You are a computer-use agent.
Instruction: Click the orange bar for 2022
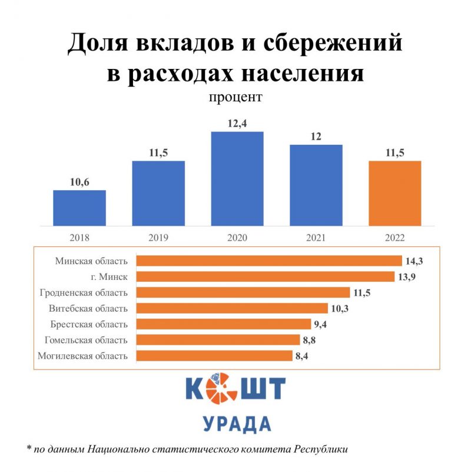coord(394,193)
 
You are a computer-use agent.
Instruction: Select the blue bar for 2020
coord(237,179)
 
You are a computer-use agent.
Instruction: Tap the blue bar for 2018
coord(79,208)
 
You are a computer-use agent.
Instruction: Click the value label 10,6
coord(79,182)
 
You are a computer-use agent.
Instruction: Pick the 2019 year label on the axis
coord(158,238)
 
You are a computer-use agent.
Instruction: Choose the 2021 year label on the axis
coord(316,238)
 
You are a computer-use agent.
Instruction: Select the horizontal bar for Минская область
coord(268,260)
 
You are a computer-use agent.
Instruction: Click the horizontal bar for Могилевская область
coord(214,356)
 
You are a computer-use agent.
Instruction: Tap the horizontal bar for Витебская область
coord(232,308)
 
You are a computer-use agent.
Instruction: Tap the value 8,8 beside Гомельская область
coord(309,340)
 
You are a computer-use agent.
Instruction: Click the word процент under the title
coord(235,97)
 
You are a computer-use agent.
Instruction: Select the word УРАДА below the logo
coord(237,423)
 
